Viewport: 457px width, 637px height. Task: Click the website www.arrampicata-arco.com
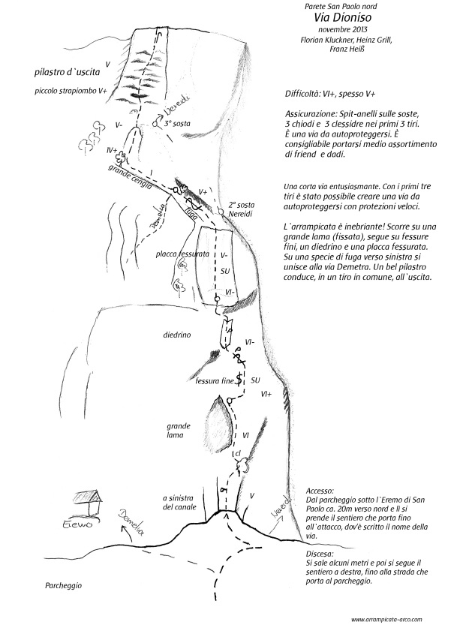click(x=386, y=620)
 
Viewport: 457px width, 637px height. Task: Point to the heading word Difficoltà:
click(x=305, y=96)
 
